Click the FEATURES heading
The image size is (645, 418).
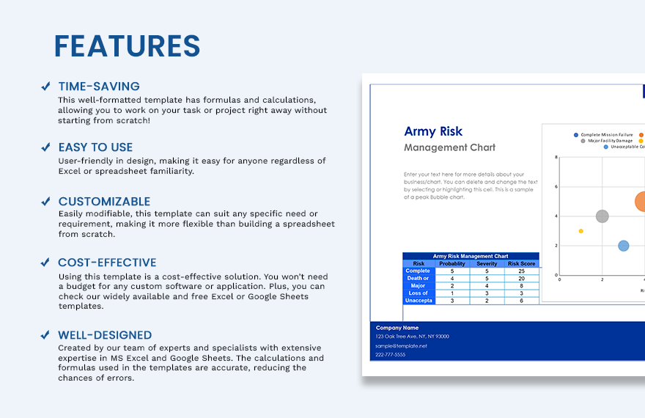[127, 46]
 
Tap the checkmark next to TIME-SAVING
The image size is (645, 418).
[45, 87]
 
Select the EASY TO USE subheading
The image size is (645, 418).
[95, 147]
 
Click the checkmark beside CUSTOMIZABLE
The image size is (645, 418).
[45, 202]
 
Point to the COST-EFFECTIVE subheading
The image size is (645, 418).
[107, 263]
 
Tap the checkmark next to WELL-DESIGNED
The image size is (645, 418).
[45, 335]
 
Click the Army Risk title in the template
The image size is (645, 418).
[433, 131]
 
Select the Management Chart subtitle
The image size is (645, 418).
[449, 147]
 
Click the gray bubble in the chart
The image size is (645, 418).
[602, 216]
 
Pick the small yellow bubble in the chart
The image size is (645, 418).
[580, 231]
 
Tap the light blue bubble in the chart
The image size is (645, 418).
[623, 246]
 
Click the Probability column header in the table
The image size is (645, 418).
[451, 264]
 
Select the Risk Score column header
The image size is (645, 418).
[521, 264]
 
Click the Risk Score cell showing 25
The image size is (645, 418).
[521, 271]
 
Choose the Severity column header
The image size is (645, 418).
[487, 264]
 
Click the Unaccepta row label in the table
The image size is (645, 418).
[419, 301]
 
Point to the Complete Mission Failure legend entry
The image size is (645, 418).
[606, 135]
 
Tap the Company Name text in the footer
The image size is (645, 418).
[397, 328]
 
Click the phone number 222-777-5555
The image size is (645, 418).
[390, 354]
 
